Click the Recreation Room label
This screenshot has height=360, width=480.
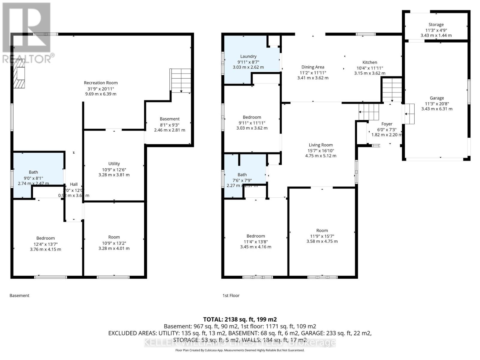click(101, 83)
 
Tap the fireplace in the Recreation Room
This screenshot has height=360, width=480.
click(20, 73)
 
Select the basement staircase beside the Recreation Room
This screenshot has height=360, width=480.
click(181, 80)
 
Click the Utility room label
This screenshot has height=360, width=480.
click(114, 163)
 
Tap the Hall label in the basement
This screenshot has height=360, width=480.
click(74, 184)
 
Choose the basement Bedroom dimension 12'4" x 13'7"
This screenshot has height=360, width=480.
click(46, 244)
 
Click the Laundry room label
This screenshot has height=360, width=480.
click(248, 56)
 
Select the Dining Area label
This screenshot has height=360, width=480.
click(313, 67)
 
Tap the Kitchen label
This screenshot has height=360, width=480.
click(370, 62)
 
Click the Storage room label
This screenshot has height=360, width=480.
click(436, 25)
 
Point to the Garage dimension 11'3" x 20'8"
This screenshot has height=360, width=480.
click(437, 103)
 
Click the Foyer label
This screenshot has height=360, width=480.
click(387, 124)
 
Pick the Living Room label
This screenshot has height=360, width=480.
click(321, 145)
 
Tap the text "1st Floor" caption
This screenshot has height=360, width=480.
click(231, 295)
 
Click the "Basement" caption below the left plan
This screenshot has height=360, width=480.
click(19, 295)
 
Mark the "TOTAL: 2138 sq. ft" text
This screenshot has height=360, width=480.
click(240, 319)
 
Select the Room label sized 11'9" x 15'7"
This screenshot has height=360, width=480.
click(322, 230)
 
